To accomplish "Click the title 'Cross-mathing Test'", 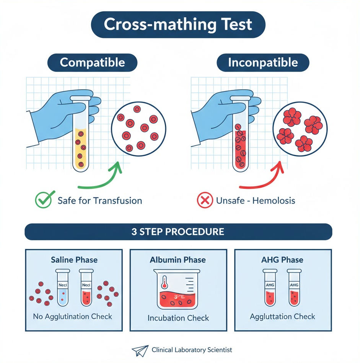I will click(178, 25).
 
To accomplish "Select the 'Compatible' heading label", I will click(92, 62).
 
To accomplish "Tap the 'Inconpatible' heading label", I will click(263, 62).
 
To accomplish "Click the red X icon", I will click(204, 200).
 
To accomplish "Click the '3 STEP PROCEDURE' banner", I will click(178, 232).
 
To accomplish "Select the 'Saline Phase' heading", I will click(74, 260).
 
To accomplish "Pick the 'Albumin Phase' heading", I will click(178, 260).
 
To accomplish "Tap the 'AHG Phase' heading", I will click(282, 260).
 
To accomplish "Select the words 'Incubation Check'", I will click(178, 318).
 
